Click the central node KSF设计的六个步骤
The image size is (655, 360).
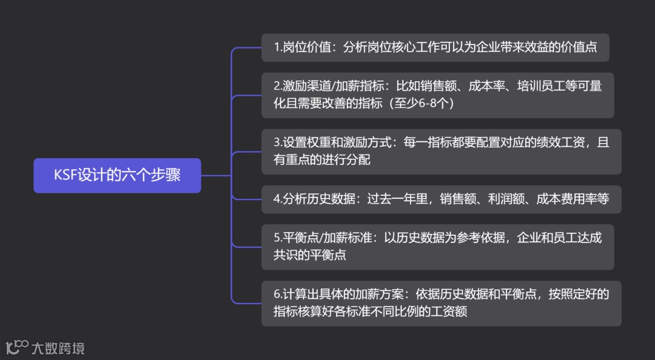(117, 176)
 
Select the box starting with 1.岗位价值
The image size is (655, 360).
(435, 47)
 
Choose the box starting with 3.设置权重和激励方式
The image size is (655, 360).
(441, 152)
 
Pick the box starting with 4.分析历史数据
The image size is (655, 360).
(441, 199)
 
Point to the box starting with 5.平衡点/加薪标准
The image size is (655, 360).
(437, 247)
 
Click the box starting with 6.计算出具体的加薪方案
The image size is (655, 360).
(441, 303)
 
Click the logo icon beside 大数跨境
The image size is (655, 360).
(16, 347)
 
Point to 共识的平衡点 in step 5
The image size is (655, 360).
(310, 255)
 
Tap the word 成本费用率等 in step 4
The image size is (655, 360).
(573, 199)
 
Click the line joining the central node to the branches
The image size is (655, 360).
(216, 176)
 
